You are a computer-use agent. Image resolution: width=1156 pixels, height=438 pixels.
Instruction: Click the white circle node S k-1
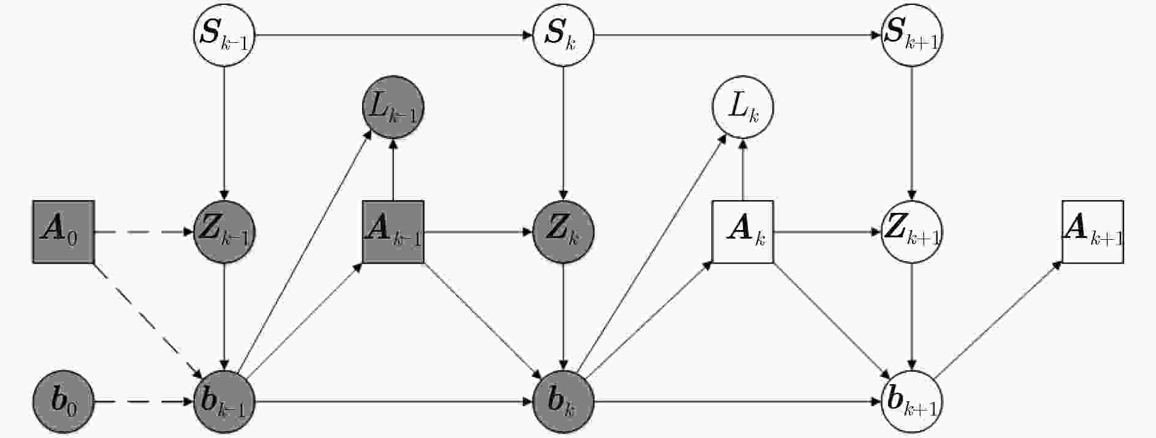224,35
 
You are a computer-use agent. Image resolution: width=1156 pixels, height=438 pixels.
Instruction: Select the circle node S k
563,35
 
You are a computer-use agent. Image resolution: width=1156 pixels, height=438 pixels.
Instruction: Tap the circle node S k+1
911,35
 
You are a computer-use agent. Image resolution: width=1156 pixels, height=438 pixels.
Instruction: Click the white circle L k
743,108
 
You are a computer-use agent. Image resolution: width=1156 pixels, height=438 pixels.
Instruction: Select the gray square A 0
63,232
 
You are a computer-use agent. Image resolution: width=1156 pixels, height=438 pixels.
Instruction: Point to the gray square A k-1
393,232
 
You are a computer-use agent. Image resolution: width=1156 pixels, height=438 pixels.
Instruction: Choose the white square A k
743,232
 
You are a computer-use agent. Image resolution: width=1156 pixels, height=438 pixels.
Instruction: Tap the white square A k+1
1092,232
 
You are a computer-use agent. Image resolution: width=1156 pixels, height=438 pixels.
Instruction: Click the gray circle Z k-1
224,232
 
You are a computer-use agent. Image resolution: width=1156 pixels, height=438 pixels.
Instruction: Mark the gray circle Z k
563,232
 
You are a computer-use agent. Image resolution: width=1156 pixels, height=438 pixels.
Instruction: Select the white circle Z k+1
911,232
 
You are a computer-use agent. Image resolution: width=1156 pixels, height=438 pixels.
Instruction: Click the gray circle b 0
63,402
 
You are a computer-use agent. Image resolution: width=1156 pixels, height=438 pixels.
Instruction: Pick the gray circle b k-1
224,402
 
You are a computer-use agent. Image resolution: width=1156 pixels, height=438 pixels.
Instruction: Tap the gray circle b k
563,402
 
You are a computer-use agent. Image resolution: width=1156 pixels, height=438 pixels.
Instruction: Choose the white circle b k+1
911,402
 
